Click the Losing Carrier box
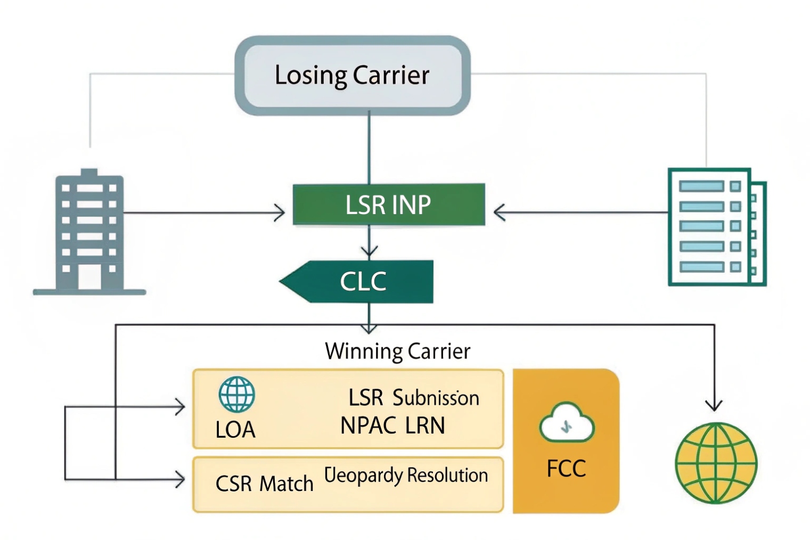352,75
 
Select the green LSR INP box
388,204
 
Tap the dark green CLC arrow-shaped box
362,282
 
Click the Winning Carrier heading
398,351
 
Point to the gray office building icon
89,233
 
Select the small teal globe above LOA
236,395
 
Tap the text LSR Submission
414,398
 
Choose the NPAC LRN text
392,426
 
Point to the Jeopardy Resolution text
406,475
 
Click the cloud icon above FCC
567,423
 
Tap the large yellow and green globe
716,463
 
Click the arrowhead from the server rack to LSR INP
499,212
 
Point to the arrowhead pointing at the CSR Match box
181,479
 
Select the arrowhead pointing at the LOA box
181,407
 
